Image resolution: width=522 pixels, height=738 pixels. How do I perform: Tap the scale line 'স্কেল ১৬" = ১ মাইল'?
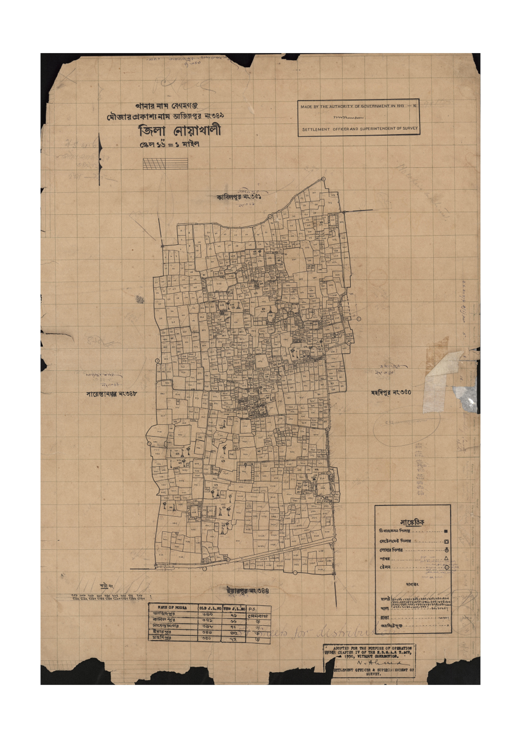(x=170, y=144)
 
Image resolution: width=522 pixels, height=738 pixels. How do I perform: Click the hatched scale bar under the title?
(x=165, y=163)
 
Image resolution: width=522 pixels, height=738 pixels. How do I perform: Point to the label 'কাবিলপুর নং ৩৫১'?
(x=239, y=196)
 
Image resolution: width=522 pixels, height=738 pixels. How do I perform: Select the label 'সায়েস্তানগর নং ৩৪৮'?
(x=112, y=394)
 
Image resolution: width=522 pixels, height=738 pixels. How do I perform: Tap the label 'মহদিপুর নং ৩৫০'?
(x=391, y=392)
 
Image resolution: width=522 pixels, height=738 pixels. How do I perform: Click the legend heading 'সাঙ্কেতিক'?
(x=412, y=522)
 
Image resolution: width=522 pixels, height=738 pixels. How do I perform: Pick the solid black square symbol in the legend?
(x=446, y=531)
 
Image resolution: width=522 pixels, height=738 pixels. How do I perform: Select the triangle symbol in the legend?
(x=446, y=558)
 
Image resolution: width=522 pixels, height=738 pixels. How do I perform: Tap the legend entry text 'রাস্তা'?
(x=385, y=618)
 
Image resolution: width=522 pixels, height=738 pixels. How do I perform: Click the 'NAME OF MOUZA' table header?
(x=173, y=607)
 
